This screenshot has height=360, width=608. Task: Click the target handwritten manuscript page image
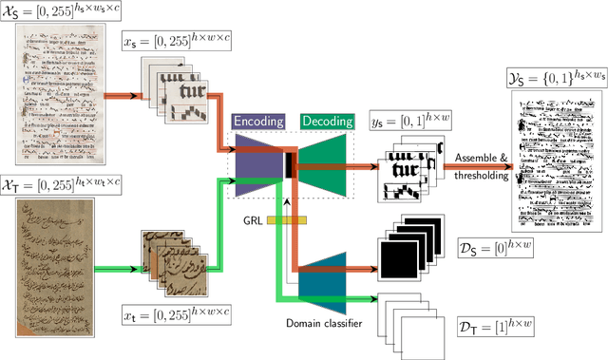(x=55, y=251)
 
